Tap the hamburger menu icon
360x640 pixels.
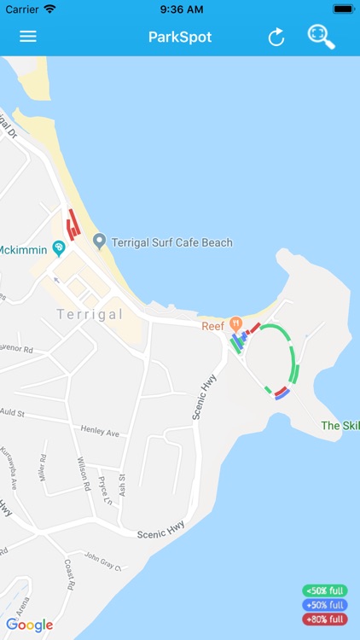point(28,37)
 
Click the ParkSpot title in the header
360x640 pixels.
point(180,37)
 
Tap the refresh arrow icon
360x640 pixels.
point(276,37)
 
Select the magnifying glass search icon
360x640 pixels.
point(322,37)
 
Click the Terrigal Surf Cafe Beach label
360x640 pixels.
point(171,242)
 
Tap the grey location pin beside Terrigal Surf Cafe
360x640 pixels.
point(99,241)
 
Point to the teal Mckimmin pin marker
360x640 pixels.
point(58,248)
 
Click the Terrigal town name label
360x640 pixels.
point(90,314)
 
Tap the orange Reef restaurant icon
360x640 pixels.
point(236,324)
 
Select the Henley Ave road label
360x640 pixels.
point(100,430)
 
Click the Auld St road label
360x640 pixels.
point(13,412)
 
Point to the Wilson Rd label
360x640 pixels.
point(84,474)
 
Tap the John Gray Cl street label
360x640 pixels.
point(102,561)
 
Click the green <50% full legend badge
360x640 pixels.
point(324,591)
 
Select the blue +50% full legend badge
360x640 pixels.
point(324,605)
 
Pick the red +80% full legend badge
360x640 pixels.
point(324,620)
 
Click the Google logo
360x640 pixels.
point(29,625)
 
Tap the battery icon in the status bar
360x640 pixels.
point(343,9)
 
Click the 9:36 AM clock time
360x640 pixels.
point(180,9)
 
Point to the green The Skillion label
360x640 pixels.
point(340,425)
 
